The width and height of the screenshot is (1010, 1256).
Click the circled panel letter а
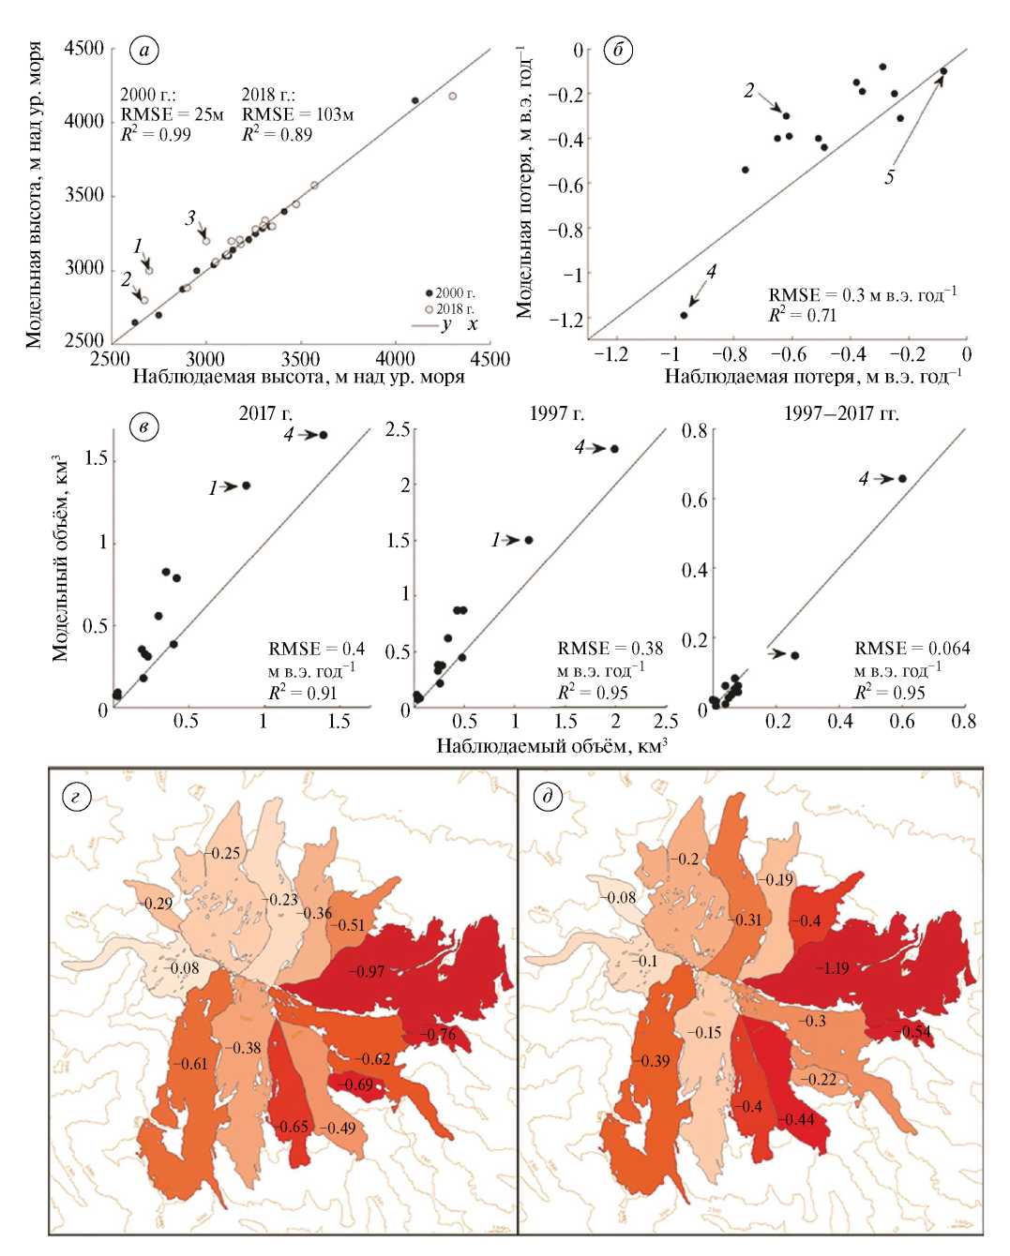[x=143, y=51]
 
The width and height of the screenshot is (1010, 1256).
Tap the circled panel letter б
[x=618, y=51]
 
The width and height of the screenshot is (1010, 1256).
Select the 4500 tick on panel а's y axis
[x=84, y=49]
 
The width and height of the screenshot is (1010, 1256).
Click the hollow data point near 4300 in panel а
[x=452, y=96]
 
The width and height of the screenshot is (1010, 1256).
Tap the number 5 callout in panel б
[x=889, y=177]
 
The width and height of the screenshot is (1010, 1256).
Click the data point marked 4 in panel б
[x=684, y=315]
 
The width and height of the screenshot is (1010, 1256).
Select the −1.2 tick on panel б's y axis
[x=565, y=320]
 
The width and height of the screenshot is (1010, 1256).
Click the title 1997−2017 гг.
[x=841, y=412]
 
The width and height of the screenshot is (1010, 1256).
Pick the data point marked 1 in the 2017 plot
[x=247, y=486]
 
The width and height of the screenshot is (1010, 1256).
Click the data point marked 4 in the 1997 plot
[x=614, y=449]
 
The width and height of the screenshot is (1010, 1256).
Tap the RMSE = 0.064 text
[x=912, y=649]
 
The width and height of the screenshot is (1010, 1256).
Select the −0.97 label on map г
[x=366, y=971]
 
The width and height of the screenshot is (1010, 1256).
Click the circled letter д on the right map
[x=546, y=796]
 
